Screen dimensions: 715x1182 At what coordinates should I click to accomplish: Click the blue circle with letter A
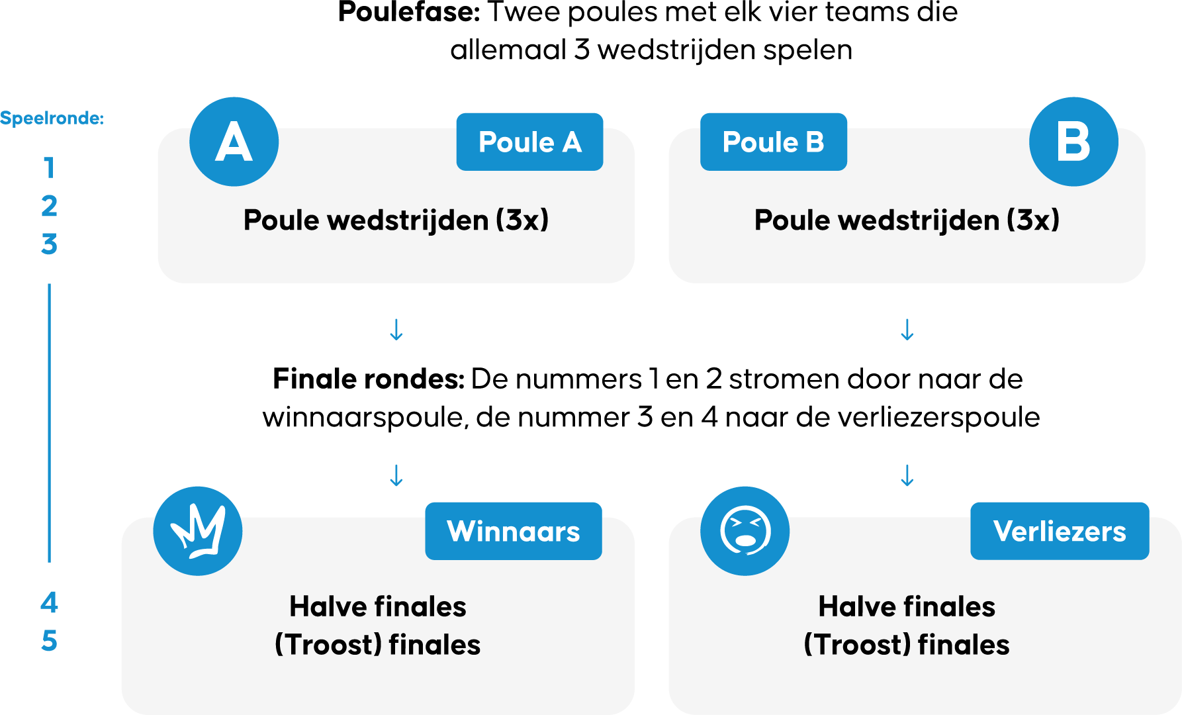[x=234, y=142]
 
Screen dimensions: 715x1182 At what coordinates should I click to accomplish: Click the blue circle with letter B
[x=1073, y=142]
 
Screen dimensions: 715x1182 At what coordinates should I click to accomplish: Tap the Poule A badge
[x=529, y=142]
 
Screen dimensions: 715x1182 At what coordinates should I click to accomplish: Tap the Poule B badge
[x=773, y=142]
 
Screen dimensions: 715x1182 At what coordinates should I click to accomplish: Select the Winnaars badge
[x=513, y=531]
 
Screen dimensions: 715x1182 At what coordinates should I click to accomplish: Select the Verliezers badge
[x=1059, y=531]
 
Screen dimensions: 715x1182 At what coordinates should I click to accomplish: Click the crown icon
[x=197, y=531]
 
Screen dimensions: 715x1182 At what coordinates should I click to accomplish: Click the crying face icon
[x=745, y=531]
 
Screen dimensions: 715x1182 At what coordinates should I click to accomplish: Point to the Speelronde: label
[x=52, y=119]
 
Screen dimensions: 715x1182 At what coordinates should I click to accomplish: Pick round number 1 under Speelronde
[x=49, y=168]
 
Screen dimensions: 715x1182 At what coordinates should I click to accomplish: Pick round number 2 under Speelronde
[x=49, y=207]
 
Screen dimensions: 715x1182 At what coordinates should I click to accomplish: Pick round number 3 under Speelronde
[x=49, y=244]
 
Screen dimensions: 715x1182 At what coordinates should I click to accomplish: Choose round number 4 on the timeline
[x=49, y=602]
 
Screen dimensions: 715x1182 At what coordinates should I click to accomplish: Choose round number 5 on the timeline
[x=49, y=641]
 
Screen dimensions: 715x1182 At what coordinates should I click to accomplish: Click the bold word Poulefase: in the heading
[x=409, y=12]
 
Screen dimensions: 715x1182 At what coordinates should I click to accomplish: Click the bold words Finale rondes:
[x=369, y=379]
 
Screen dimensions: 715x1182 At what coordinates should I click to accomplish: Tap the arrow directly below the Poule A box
[x=396, y=330]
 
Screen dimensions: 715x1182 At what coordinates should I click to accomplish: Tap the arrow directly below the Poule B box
[x=907, y=330]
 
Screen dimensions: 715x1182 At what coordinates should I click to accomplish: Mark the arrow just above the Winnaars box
[x=396, y=475]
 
